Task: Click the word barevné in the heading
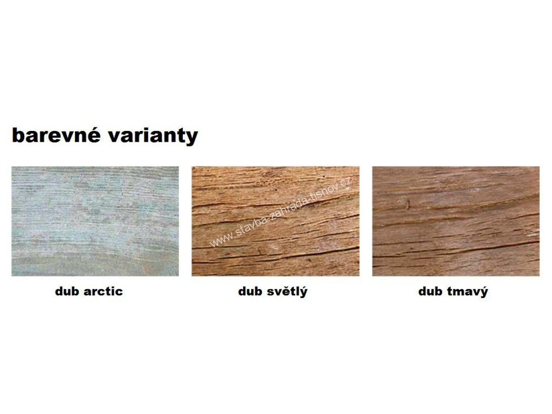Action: pos(56,135)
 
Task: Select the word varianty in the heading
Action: pos(153,136)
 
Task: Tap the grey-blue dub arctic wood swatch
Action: pos(95,221)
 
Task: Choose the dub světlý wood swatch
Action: pos(275,221)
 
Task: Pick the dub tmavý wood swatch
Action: pos(456,221)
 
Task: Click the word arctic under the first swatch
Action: pos(103,292)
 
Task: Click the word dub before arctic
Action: pos(68,291)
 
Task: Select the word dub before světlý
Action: pos(251,291)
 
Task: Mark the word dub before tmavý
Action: pos(431,291)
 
